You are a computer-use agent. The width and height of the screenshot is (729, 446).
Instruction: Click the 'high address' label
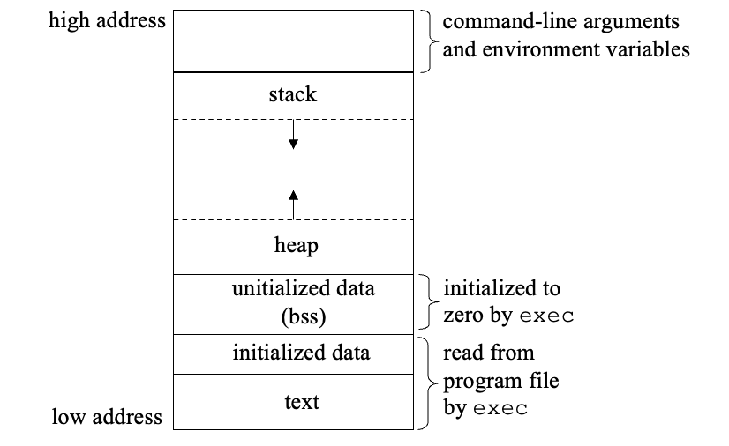[x=107, y=20]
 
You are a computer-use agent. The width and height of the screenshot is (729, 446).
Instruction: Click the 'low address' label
[x=107, y=415]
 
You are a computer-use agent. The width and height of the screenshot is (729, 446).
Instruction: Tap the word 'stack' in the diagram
[x=292, y=95]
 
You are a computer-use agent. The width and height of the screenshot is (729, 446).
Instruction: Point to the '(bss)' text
[x=292, y=315]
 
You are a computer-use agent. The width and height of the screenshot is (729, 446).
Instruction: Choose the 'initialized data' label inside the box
[x=301, y=353]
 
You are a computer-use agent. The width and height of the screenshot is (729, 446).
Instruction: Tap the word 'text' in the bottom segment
[x=301, y=402]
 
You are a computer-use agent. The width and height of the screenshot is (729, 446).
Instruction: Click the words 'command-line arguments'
[x=560, y=22]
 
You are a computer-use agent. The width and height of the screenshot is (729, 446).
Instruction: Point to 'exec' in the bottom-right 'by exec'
[x=500, y=409]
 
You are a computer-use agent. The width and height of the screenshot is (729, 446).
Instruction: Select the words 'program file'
[x=500, y=381]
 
